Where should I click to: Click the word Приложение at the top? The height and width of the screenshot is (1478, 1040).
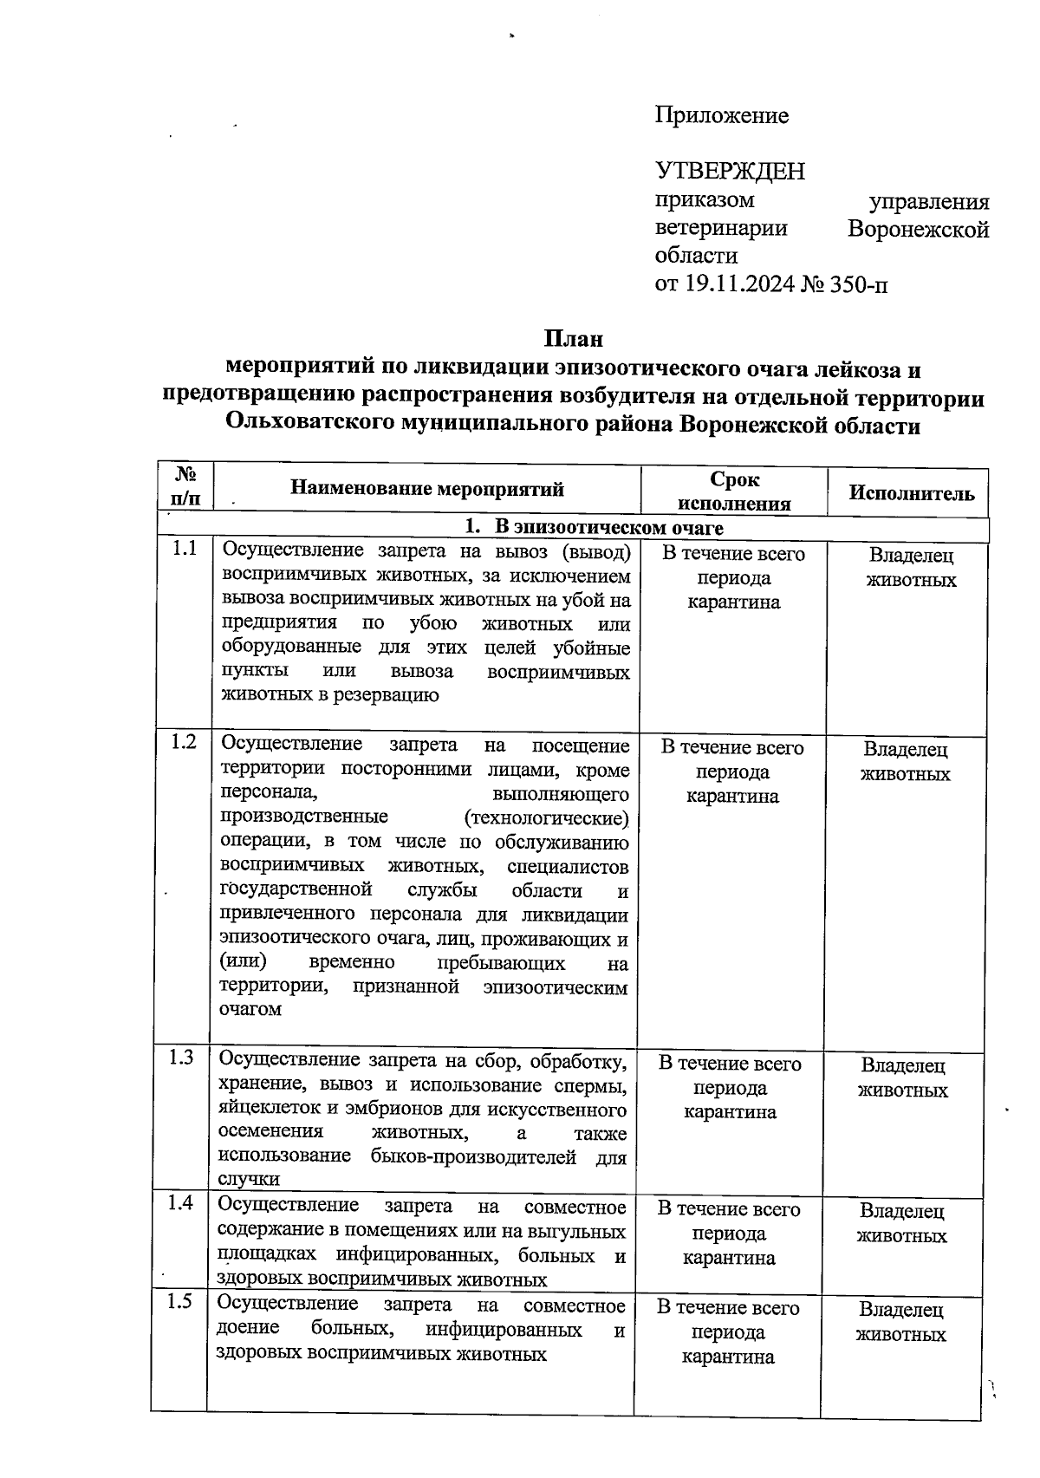722,115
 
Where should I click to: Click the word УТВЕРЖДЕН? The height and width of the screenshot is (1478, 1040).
730,171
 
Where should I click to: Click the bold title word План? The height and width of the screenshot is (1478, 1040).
573,338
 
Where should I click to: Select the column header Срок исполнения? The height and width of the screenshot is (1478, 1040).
734,492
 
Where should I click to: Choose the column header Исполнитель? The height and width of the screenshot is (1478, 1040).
911,493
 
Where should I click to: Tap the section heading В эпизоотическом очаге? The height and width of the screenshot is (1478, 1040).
608,527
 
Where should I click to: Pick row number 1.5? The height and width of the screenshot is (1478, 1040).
180,1301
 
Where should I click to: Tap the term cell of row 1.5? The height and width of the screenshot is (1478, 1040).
728,1332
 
